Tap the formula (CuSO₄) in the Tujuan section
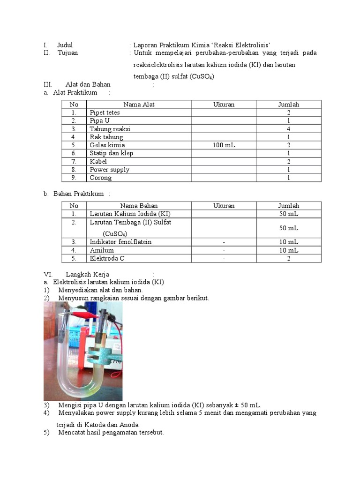point(202,77)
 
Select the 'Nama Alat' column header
point(139,105)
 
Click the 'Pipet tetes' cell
point(105,112)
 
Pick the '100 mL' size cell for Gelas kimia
point(224,145)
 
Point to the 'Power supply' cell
point(109,170)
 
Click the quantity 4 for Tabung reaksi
point(289,129)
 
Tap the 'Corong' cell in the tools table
point(101,178)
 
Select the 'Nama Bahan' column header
point(139,206)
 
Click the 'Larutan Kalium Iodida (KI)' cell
point(127,214)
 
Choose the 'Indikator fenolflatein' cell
point(120,242)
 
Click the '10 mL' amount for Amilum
point(289,250)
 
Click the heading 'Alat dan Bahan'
point(88,84)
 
